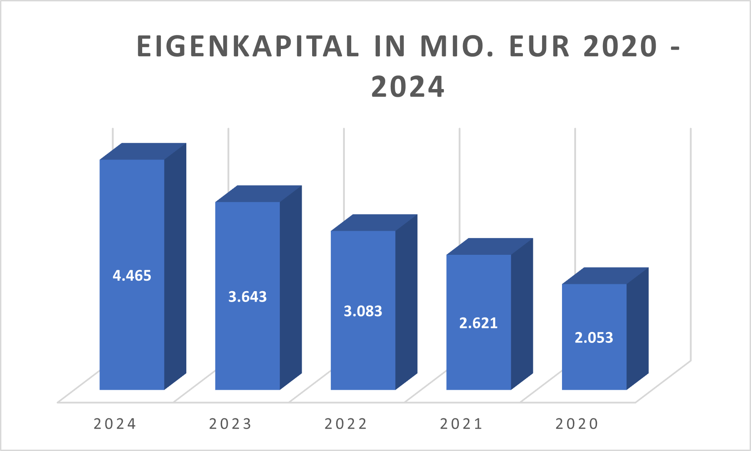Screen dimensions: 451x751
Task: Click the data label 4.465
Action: coord(132,276)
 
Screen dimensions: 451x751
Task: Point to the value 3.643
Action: coord(248,297)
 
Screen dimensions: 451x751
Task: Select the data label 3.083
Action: coord(363,311)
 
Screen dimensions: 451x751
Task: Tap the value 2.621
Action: coord(478,323)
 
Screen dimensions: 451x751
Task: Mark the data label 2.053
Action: coord(594,337)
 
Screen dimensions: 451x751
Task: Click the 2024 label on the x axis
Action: coord(115,424)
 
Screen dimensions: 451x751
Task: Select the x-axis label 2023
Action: coord(230,424)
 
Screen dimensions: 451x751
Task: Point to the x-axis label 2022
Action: coord(346,424)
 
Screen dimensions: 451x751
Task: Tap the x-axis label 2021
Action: coord(461,424)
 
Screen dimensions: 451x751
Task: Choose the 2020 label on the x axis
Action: coord(577,424)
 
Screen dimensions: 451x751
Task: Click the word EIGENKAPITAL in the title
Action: coord(248,46)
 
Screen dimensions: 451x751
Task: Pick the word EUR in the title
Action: coord(539,46)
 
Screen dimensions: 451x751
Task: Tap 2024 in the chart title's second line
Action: coord(408,87)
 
